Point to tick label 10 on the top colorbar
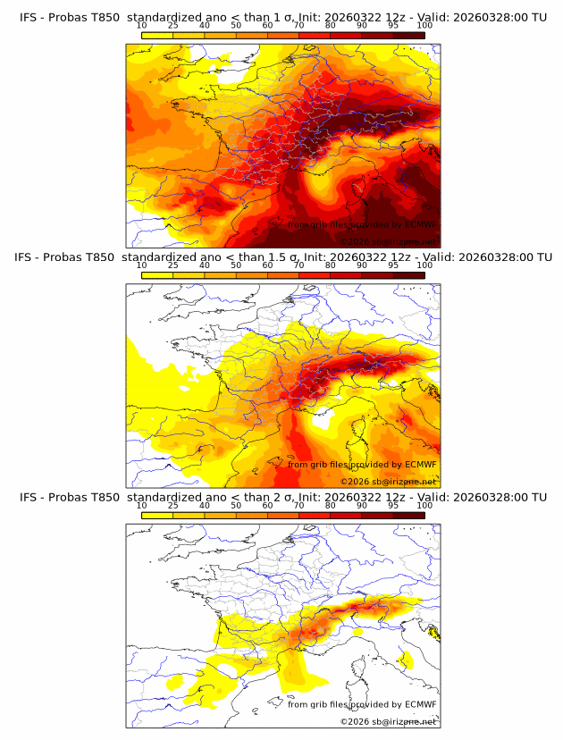tap(141, 25)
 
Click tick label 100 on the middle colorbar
tap(424, 265)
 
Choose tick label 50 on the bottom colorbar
tap(236, 506)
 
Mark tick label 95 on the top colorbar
tap(393, 25)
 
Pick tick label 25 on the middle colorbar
tap(172, 265)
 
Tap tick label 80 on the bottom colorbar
tap(330, 506)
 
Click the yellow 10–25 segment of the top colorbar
tap(156, 35)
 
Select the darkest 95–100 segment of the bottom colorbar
tap(408, 516)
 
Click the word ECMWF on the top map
tap(420, 224)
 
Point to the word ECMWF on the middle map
tap(420, 465)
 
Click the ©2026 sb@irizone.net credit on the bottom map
tap(388, 721)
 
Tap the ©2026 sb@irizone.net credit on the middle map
tap(388, 481)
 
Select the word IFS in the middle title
tap(29, 257)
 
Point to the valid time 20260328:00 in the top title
tap(488, 16)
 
